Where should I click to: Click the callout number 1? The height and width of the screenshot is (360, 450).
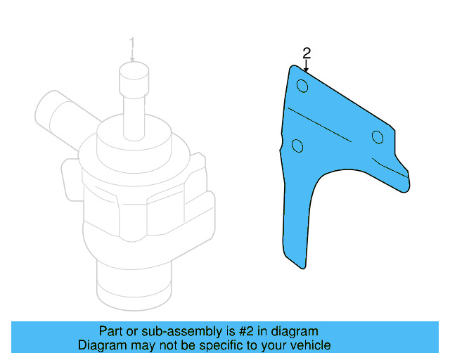(x=131, y=44)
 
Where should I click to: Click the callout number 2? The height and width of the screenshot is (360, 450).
(x=306, y=52)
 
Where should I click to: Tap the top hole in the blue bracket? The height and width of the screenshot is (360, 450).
(x=302, y=86)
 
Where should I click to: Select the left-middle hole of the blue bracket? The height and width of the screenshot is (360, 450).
(x=297, y=146)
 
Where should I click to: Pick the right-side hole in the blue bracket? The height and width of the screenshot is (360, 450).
(x=378, y=136)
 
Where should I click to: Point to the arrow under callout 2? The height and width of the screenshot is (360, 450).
(x=306, y=65)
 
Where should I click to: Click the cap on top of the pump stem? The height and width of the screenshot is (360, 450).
(x=132, y=73)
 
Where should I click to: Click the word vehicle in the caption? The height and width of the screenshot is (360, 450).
(x=310, y=345)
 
